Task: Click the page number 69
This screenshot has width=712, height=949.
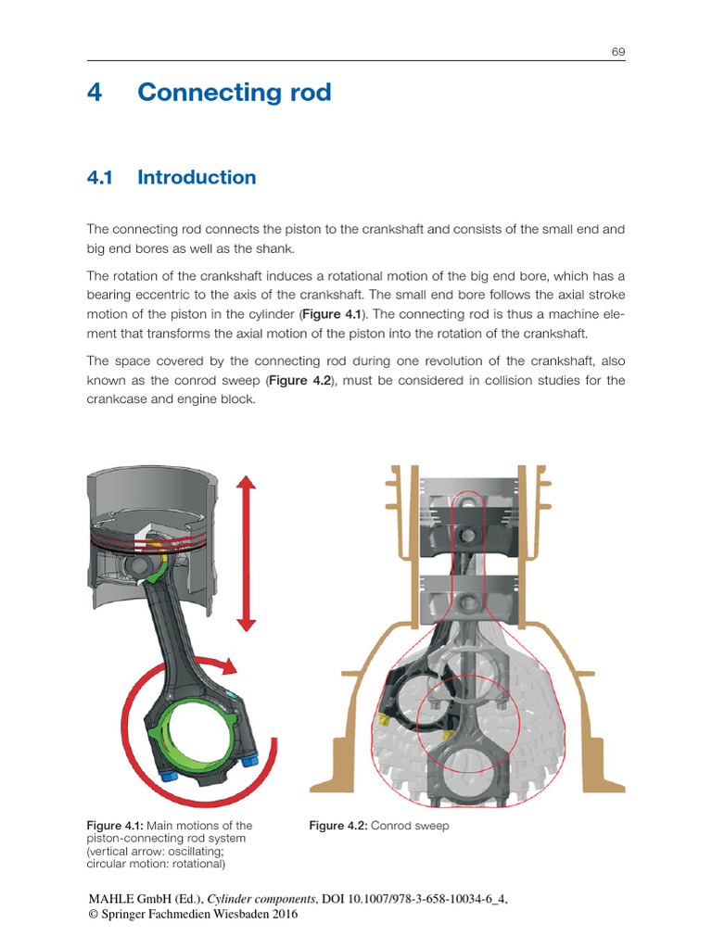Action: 617,51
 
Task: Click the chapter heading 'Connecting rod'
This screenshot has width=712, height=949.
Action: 234,93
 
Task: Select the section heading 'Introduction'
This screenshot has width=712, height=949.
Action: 197,177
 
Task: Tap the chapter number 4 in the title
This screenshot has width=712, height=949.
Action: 94,93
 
